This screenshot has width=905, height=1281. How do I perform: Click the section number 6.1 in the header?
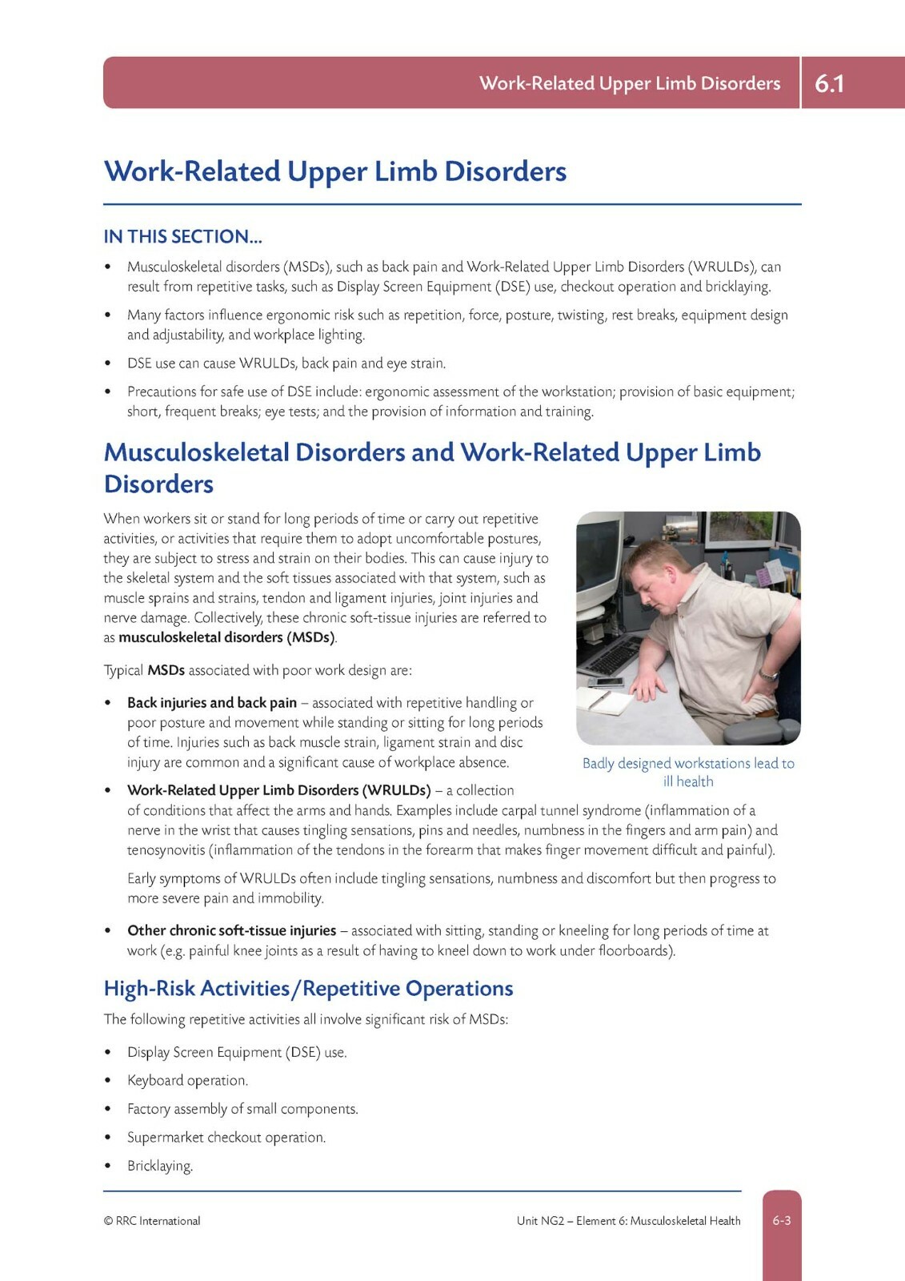click(829, 83)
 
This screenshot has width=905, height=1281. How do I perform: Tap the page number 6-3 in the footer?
click(781, 1220)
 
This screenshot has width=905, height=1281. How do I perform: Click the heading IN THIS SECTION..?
click(182, 236)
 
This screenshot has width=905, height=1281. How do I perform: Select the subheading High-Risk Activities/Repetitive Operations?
click(308, 989)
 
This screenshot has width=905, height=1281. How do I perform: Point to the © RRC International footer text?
click(152, 1221)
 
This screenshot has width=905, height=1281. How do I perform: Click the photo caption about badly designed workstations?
click(688, 772)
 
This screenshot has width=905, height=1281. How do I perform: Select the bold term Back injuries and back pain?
click(212, 702)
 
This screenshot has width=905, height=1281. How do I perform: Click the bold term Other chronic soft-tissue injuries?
click(231, 930)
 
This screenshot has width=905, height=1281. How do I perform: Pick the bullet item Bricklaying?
click(160, 1166)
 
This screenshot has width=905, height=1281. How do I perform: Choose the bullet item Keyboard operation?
click(187, 1080)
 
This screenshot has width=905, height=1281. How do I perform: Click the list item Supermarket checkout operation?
click(226, 1137)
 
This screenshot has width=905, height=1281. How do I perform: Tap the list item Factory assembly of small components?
click(242, 1109)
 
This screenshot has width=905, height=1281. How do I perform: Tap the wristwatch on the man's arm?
click(770, 675)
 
